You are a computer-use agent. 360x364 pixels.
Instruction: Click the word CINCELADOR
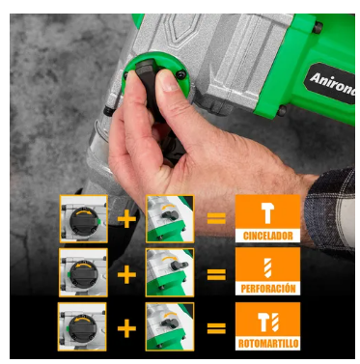[x=267, y=236]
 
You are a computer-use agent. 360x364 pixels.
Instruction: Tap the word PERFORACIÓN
[x=268, y=289]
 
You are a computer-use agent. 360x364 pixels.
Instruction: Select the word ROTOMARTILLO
[x=268, y=343]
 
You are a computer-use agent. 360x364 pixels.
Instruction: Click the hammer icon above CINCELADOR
[x=267, y=213]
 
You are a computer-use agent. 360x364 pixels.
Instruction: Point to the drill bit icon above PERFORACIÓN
[x=267, y=267]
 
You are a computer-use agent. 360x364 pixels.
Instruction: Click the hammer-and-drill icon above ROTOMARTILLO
[x=268, y=322]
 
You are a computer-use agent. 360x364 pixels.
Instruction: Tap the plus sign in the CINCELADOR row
[x=126, y=219]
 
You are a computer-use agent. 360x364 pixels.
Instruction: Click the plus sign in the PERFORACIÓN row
[x=126, y=274]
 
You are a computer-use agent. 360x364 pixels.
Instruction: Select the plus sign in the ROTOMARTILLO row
[x=126, y=328]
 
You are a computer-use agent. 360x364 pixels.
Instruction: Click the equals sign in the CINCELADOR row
[x=216, y=219]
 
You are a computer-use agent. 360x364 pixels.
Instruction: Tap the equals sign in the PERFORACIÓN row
[x=216, y=274]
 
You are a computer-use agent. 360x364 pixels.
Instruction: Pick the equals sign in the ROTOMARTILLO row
[x=216, y=328]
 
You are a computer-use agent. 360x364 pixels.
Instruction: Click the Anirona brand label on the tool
[x=330, y=83]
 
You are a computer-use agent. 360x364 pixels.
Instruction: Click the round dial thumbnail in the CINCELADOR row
[x=84, y=219]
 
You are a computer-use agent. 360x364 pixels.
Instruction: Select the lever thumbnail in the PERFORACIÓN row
[x=170, y=272]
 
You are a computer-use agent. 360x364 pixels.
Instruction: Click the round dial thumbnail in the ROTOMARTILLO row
[x=82, y=326]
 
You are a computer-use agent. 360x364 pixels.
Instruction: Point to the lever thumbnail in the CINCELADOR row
[x=170, y=219]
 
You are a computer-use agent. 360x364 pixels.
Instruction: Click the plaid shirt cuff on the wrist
[x=331, y=210]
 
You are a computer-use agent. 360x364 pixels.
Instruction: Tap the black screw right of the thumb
[x=180, y=74]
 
